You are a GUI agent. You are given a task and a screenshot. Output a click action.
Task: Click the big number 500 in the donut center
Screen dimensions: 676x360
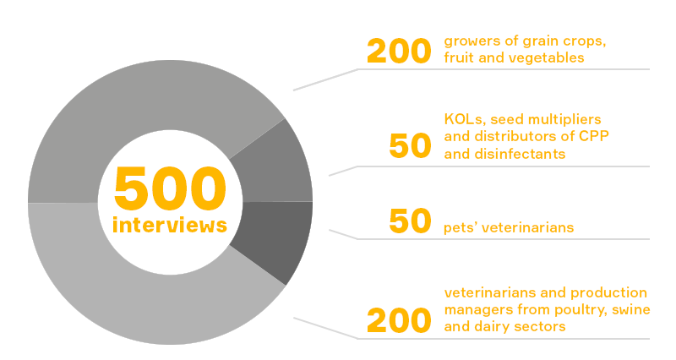click(170, 188)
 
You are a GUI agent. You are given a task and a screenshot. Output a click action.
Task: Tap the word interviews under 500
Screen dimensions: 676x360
click(170, 225)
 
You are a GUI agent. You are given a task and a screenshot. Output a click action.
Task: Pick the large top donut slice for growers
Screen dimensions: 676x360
click(142, 108)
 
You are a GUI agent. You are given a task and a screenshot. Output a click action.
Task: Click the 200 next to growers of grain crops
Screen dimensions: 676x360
click(399, 52)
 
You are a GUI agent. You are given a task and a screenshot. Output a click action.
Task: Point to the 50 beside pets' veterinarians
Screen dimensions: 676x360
click(410, 221)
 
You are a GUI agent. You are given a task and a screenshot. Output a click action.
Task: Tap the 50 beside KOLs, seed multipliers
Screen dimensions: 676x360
click(410, 145)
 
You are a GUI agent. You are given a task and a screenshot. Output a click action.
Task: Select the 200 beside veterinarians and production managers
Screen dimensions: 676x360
click(399, 321)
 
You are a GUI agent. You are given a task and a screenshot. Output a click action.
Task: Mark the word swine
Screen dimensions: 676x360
click(633, 309)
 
